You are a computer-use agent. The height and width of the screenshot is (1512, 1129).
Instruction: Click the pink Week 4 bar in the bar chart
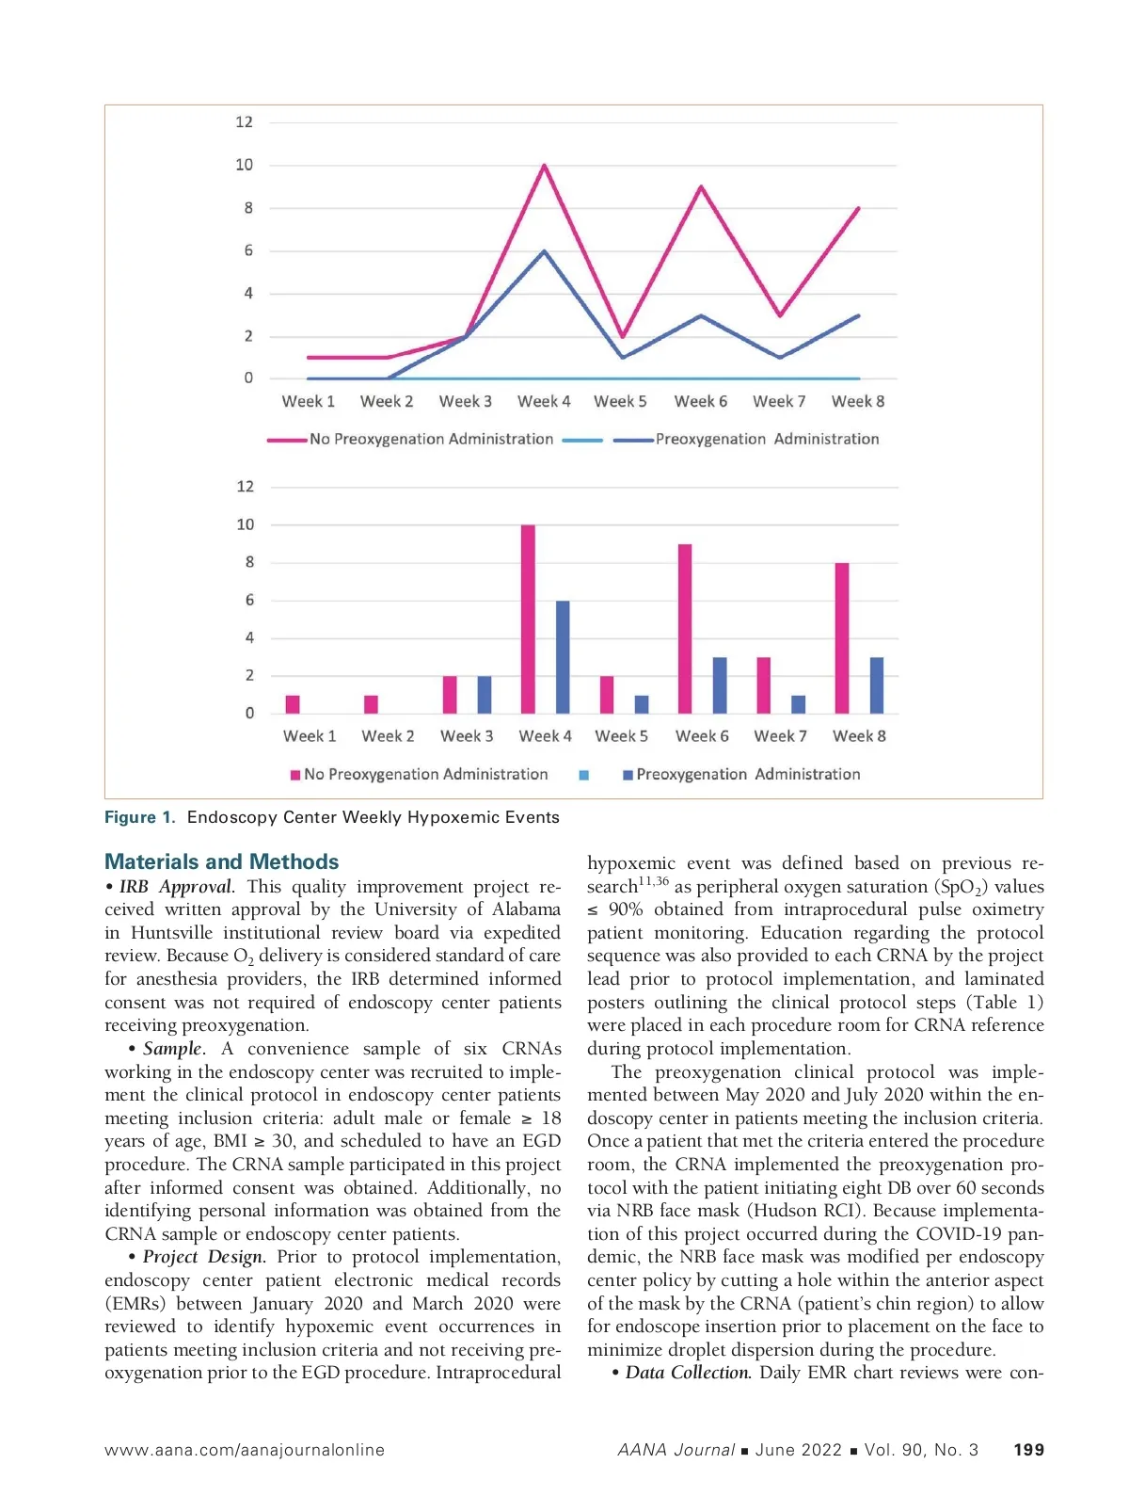(528, 619)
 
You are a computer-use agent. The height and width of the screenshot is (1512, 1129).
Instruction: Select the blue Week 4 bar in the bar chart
(563, 656)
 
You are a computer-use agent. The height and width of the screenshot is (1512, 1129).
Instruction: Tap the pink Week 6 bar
(685, 628)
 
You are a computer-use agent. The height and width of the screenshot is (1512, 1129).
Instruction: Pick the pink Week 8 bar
(842, 637)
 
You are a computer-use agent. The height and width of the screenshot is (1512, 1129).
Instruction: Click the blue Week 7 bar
(799, 703)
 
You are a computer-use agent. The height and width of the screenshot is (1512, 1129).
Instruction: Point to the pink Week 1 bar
(293, 703)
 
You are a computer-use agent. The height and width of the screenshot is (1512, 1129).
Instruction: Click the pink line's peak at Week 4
(544, 166)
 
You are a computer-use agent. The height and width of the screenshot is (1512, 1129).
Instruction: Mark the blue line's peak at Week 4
(544, 251)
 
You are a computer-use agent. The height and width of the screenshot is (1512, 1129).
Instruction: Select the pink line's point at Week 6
(701, 186)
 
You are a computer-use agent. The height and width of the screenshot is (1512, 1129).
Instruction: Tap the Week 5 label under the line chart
(620, 401)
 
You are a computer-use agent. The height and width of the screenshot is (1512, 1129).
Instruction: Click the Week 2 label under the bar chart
(388, 736)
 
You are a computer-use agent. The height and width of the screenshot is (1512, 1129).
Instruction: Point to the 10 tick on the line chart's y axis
(245, 165)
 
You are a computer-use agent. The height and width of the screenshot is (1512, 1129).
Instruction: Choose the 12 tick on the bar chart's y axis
(246, 487)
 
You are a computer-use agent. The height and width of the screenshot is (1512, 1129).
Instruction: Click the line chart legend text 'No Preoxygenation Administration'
(431, 439)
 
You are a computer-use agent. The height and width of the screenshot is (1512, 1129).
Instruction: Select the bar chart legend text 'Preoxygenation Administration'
(748, 774)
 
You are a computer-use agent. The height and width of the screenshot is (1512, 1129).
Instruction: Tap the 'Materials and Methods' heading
(221, 861)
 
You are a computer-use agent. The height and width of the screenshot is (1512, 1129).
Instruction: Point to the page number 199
(1028, 1450)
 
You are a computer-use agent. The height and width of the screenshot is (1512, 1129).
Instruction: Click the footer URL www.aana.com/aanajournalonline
(245, 1450)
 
